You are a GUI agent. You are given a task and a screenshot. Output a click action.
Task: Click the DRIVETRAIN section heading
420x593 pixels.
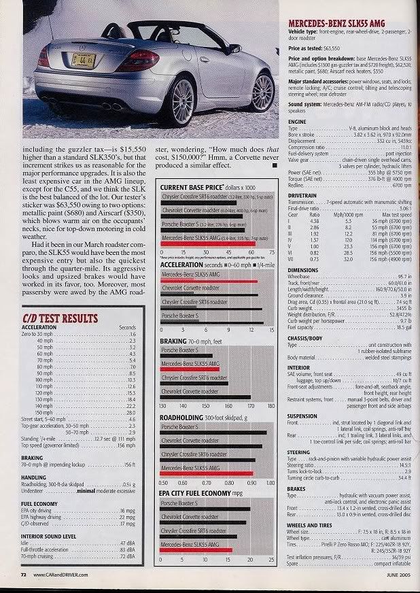coord(303,196)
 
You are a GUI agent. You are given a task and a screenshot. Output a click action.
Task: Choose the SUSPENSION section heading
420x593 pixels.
coord(303,416)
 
